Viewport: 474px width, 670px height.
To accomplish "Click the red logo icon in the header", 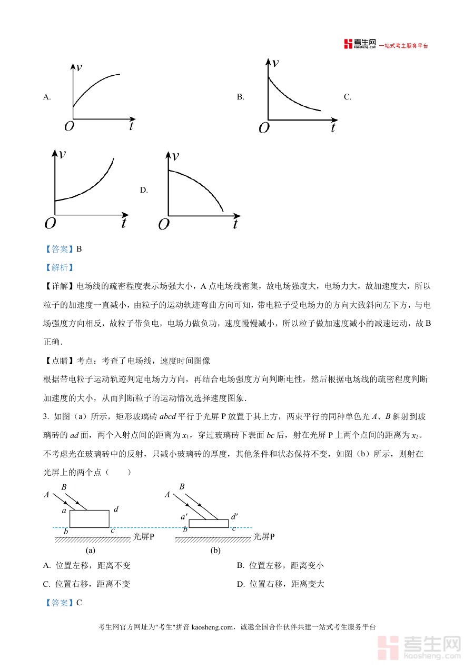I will (348, 44).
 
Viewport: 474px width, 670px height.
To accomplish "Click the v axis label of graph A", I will (79, 67).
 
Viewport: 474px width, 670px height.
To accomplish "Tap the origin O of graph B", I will (264, 128).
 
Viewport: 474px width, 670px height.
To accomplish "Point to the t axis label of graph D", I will (235, 224).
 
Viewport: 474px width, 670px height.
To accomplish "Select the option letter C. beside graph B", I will (348, 97).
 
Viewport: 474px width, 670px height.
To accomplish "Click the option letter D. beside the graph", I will (144, 190).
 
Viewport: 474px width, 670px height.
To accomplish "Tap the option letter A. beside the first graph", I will (47, 97).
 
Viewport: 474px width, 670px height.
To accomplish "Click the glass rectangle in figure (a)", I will (90, 518).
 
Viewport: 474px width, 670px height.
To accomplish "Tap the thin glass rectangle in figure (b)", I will (209, 523).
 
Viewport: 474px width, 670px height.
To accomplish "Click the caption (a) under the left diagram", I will (91, 551).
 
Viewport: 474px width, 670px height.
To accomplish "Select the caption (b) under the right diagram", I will (215, 551).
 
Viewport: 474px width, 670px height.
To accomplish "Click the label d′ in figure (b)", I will (234, 517).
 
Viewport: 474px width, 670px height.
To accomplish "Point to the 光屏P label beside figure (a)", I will (144, 537).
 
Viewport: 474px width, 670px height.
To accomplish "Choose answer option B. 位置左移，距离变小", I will (280, 566).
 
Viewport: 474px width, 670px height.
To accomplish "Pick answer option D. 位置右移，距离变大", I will (280, 584).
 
